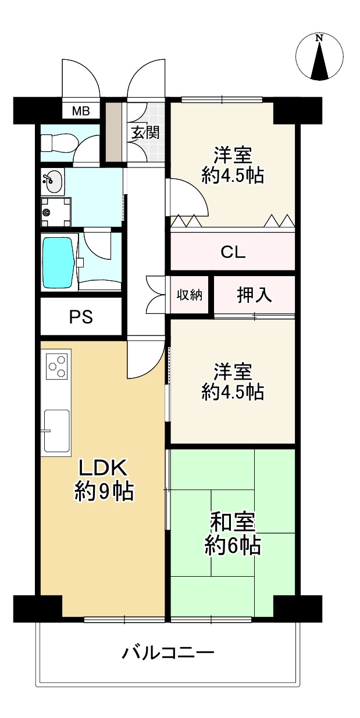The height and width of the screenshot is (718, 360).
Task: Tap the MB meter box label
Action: click(81, 111)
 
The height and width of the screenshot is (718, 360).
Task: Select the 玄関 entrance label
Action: click(145, 133)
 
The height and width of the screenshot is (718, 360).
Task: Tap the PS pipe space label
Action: click(81, 317)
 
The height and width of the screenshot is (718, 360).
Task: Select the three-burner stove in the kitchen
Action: click(58, 365)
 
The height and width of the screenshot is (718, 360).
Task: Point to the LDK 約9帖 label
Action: click(104, 481)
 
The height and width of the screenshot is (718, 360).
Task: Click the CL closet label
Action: click(233, 252)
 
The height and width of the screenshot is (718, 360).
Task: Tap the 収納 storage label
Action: click(190, 295)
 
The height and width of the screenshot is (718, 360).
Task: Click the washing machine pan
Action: click(56, 212)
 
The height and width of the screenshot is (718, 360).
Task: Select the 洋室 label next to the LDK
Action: click(233, 371)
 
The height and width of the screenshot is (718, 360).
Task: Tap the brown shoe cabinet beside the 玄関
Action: click(114, 132)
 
